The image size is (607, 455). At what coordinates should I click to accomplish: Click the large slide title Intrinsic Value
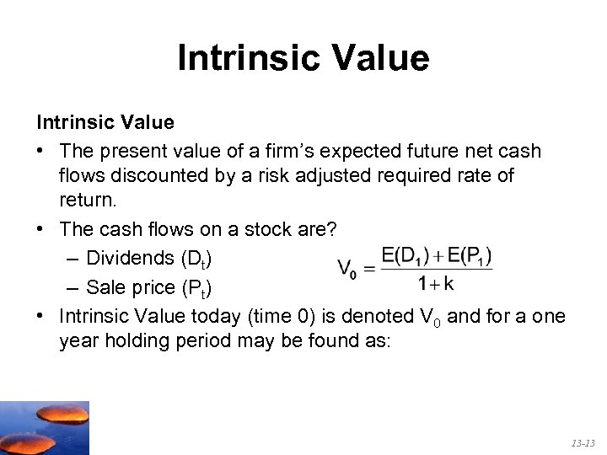point(303,58)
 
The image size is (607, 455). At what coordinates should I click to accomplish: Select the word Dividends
point(131,257)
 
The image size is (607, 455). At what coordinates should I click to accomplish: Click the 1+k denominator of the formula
point(436,284)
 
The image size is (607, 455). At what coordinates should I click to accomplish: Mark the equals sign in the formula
point(368,269)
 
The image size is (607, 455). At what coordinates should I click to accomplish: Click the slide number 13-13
point(583,442)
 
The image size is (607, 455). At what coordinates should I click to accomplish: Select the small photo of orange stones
point(44,427)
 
